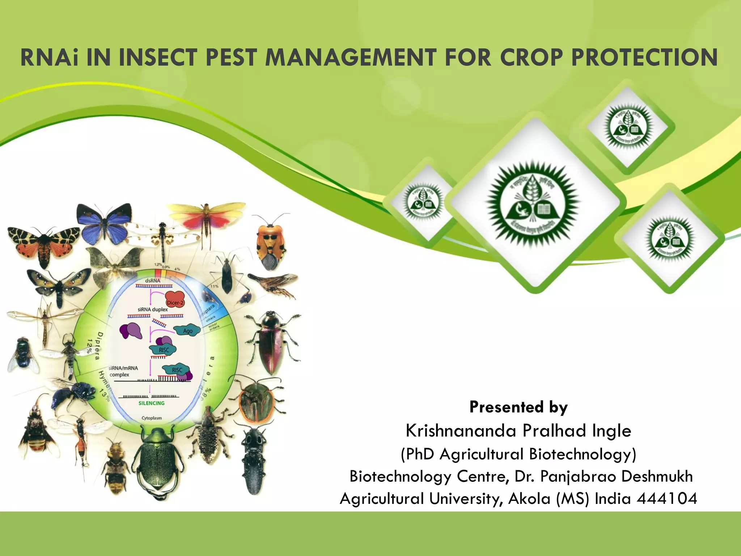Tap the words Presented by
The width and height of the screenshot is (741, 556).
tap(518, 407)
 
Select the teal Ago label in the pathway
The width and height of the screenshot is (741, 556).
tap(187, 330)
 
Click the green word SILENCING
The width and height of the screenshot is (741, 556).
tap(152, 403)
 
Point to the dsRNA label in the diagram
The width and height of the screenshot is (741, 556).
tap(152, 281)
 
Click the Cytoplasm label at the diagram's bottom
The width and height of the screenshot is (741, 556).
tap(152, 418)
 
